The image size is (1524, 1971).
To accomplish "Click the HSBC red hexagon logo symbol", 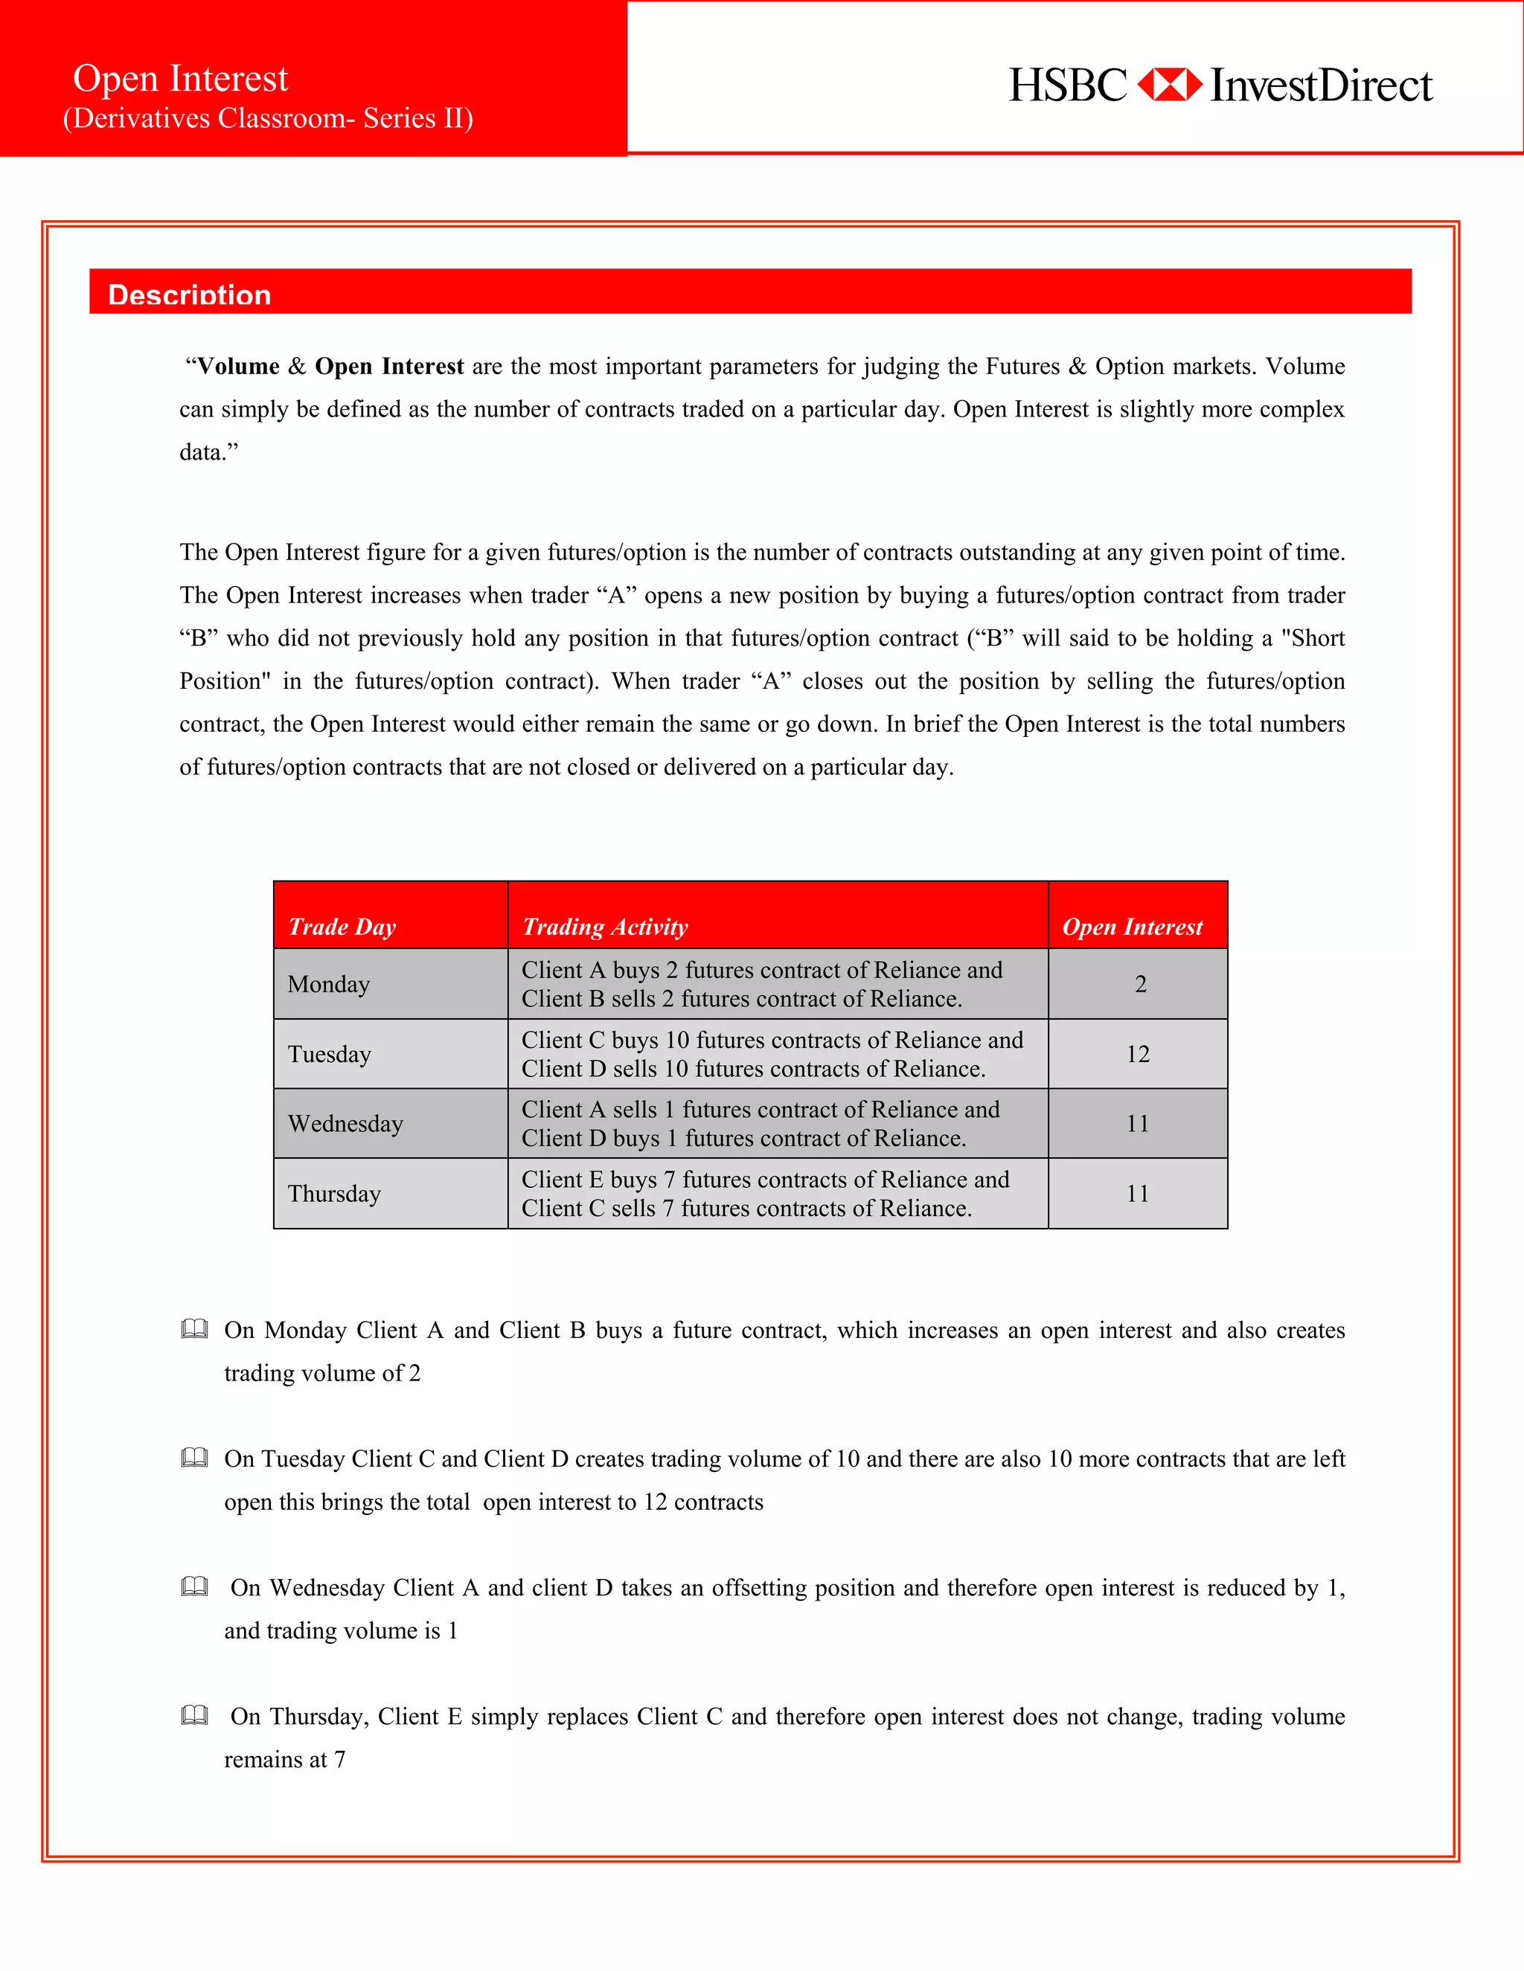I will (1168, 85).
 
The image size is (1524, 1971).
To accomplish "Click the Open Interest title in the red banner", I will (181, 79).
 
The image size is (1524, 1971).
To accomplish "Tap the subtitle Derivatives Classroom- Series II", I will (268, 118).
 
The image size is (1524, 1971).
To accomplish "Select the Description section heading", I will (190, 295).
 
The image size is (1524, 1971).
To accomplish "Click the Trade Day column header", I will (342, 927).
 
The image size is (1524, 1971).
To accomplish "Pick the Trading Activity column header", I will (605, 927).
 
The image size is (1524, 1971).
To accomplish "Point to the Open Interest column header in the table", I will (1132, 927).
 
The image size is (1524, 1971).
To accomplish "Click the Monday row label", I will (329, 984).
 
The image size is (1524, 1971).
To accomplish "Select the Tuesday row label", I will (330, 1054).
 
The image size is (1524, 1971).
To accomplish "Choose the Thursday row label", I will (334, 1193).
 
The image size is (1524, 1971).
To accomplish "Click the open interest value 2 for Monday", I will (1140, 984).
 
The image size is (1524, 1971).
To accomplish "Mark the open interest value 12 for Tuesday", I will (1138, 1054).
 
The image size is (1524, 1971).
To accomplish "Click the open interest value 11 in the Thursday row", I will (1138, 1193).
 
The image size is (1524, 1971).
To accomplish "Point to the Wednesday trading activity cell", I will (761, 1124).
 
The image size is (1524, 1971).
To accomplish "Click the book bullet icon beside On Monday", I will (194, 1329).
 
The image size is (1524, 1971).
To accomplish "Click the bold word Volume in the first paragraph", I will (238, 367).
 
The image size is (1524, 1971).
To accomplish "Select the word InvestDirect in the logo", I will (1321, 86).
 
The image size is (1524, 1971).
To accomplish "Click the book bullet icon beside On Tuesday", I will (194, 1458).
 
